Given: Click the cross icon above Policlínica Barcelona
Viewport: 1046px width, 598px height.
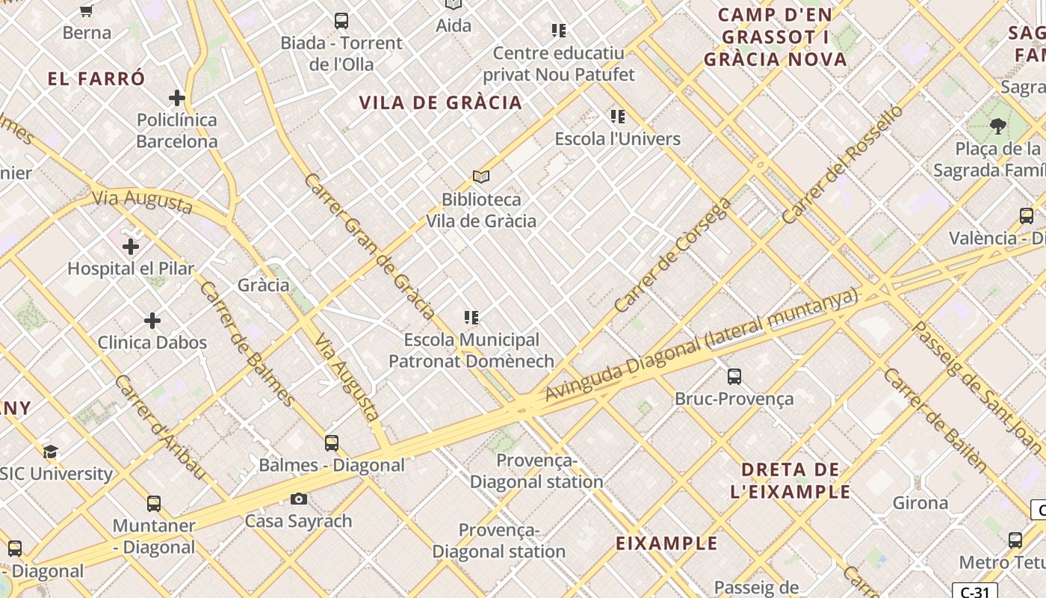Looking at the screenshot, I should tap(177, 98).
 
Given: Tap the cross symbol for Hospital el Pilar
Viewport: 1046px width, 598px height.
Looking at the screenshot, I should tap(131, 246).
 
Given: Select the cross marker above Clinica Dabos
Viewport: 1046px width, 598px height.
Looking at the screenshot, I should tap(152, 321).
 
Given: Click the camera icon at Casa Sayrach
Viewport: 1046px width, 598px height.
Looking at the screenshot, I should tap(298, 499).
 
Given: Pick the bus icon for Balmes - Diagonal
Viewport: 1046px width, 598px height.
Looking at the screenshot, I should tap(332, 443).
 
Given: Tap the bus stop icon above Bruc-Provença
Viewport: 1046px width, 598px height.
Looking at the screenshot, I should tap(734, 376).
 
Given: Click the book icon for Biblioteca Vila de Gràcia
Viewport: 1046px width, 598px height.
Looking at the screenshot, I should tap(481, 177).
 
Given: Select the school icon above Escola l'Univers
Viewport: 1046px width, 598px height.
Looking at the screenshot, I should tap(618, 117).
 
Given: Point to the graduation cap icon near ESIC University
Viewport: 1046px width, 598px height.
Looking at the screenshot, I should tap(50, 451).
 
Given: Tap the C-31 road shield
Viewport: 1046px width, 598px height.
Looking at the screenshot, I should tap(975, 592).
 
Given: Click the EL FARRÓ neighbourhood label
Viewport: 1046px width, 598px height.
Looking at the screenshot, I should tap(96, 78).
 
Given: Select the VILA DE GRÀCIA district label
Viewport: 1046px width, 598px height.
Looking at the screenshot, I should tap(441, 102).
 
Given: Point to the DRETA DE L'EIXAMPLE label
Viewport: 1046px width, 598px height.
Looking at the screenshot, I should tap(790, 481).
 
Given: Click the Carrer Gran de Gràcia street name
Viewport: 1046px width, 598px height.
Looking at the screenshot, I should tap(369, 246).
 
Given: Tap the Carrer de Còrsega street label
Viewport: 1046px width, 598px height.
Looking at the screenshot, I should tap(672, 255).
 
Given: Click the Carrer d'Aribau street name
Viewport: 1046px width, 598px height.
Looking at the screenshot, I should tap(159, 427).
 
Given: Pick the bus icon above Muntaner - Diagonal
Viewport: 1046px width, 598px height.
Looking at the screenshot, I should tap(154, 503).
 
